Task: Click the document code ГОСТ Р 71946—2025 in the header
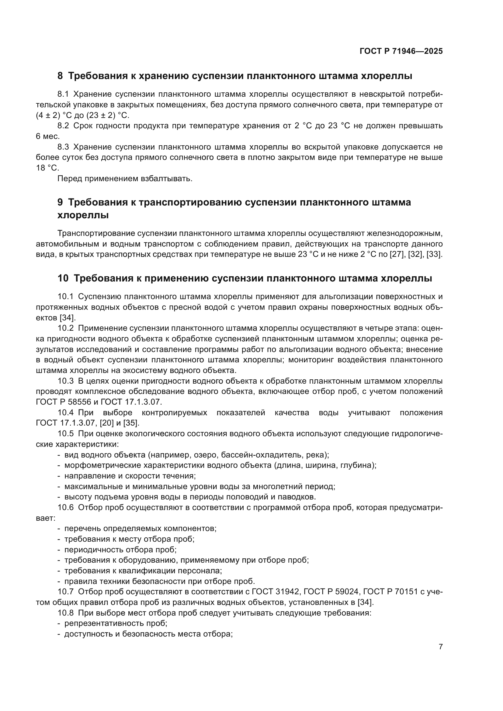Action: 401,51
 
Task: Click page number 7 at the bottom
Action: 440,647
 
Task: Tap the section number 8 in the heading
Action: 60,76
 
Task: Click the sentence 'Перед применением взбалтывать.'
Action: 125,179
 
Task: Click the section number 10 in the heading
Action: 63,278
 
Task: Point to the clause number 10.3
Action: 65,381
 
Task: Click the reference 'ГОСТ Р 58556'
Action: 64,402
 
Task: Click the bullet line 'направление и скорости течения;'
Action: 130,476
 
